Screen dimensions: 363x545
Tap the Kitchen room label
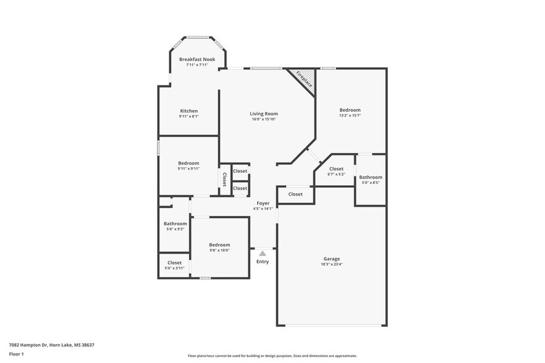188,111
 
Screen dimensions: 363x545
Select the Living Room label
263,114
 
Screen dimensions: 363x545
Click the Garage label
331,259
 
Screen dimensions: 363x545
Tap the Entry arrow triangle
263,253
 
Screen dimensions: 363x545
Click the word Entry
263,262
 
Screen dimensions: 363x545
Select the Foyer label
263,203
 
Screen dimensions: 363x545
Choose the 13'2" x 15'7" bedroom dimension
350,115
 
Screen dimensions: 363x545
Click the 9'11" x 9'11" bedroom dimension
188,169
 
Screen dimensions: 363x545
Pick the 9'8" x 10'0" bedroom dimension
219,250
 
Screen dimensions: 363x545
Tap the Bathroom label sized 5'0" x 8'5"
371,177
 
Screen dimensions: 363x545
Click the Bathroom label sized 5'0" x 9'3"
175,223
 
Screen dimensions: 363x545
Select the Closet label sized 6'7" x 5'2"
336,169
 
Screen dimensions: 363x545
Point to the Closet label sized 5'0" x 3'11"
174,262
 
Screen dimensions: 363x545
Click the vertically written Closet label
224,179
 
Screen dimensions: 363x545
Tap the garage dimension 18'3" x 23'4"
331,264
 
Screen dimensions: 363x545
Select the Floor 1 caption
16,354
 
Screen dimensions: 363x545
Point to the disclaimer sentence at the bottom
272,356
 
